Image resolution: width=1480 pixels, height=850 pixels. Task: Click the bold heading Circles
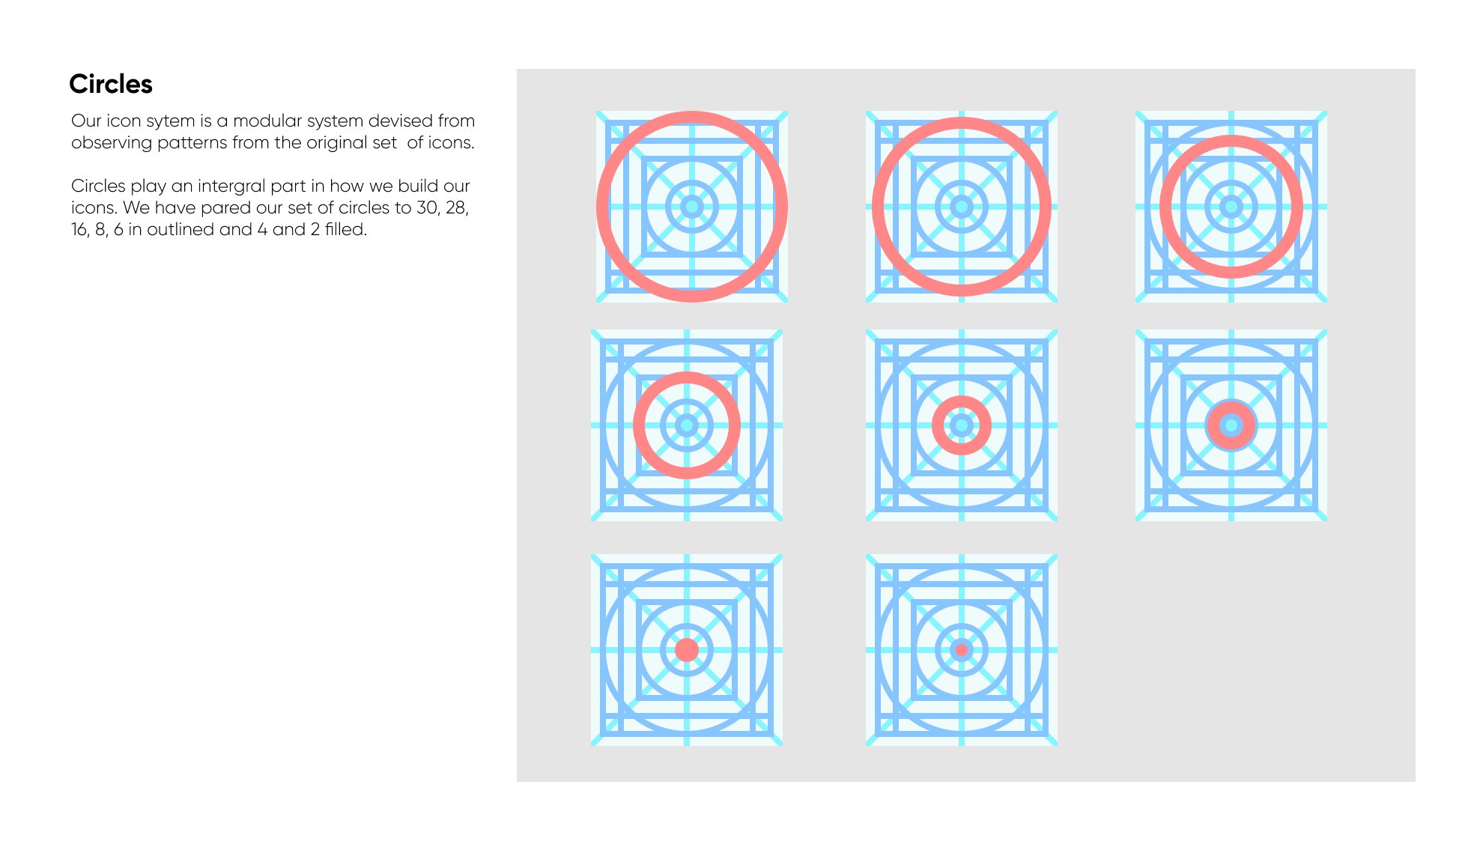[111, 84]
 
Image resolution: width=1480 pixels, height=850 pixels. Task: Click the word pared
[225, 208]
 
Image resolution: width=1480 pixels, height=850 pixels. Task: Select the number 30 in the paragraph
[428, 207]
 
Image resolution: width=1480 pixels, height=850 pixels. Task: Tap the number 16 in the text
[79, 230]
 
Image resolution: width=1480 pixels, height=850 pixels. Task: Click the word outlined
[181, 229]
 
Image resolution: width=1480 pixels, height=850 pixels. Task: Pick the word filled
[345, 229]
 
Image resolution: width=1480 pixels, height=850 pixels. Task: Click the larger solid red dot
[686, 650]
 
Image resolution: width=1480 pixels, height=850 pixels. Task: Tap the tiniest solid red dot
[961, 650]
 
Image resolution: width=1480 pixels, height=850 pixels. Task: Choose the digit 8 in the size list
[100, 230]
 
